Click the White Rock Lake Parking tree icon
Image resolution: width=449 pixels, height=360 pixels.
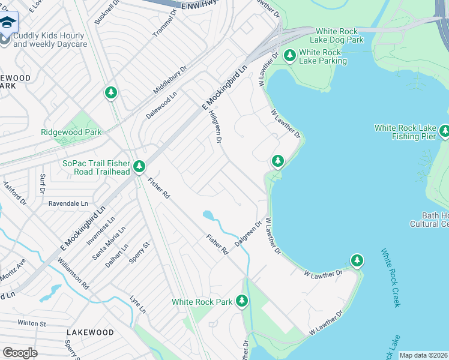pos(290,56)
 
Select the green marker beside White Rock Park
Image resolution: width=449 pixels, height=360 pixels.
pos(242,301)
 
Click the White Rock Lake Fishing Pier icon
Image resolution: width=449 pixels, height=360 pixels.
pos(444,130)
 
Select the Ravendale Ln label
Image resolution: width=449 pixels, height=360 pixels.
pos(68,203)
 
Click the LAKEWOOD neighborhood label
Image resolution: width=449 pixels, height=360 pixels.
pos(90,332)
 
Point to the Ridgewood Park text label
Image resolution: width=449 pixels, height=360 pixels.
pos(71,132)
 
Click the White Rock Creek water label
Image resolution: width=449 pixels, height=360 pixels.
pos(390,277)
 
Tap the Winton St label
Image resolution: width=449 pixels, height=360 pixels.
pos(32,323)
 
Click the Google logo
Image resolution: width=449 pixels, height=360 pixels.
pos(20,352)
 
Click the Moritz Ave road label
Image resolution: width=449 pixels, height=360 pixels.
pos(13,264)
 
